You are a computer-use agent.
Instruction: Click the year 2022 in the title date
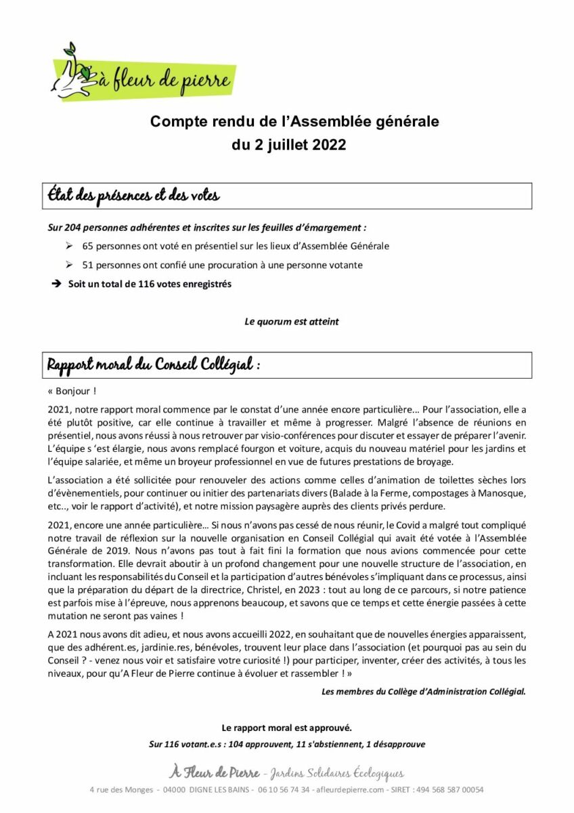pos(330,145)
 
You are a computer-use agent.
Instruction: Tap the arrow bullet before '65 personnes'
pos(69,246)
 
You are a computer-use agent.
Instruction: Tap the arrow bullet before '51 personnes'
pos(69,265)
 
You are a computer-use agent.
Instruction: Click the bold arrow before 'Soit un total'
pos(56,284)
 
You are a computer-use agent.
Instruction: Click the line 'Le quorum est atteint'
pos(291,322)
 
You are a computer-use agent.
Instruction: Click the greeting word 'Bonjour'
pos(74,391)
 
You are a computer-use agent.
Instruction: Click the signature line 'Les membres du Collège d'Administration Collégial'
pos(423,692)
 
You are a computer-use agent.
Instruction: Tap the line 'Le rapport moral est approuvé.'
pos(287,728)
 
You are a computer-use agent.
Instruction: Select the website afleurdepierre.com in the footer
pos(346,790)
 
